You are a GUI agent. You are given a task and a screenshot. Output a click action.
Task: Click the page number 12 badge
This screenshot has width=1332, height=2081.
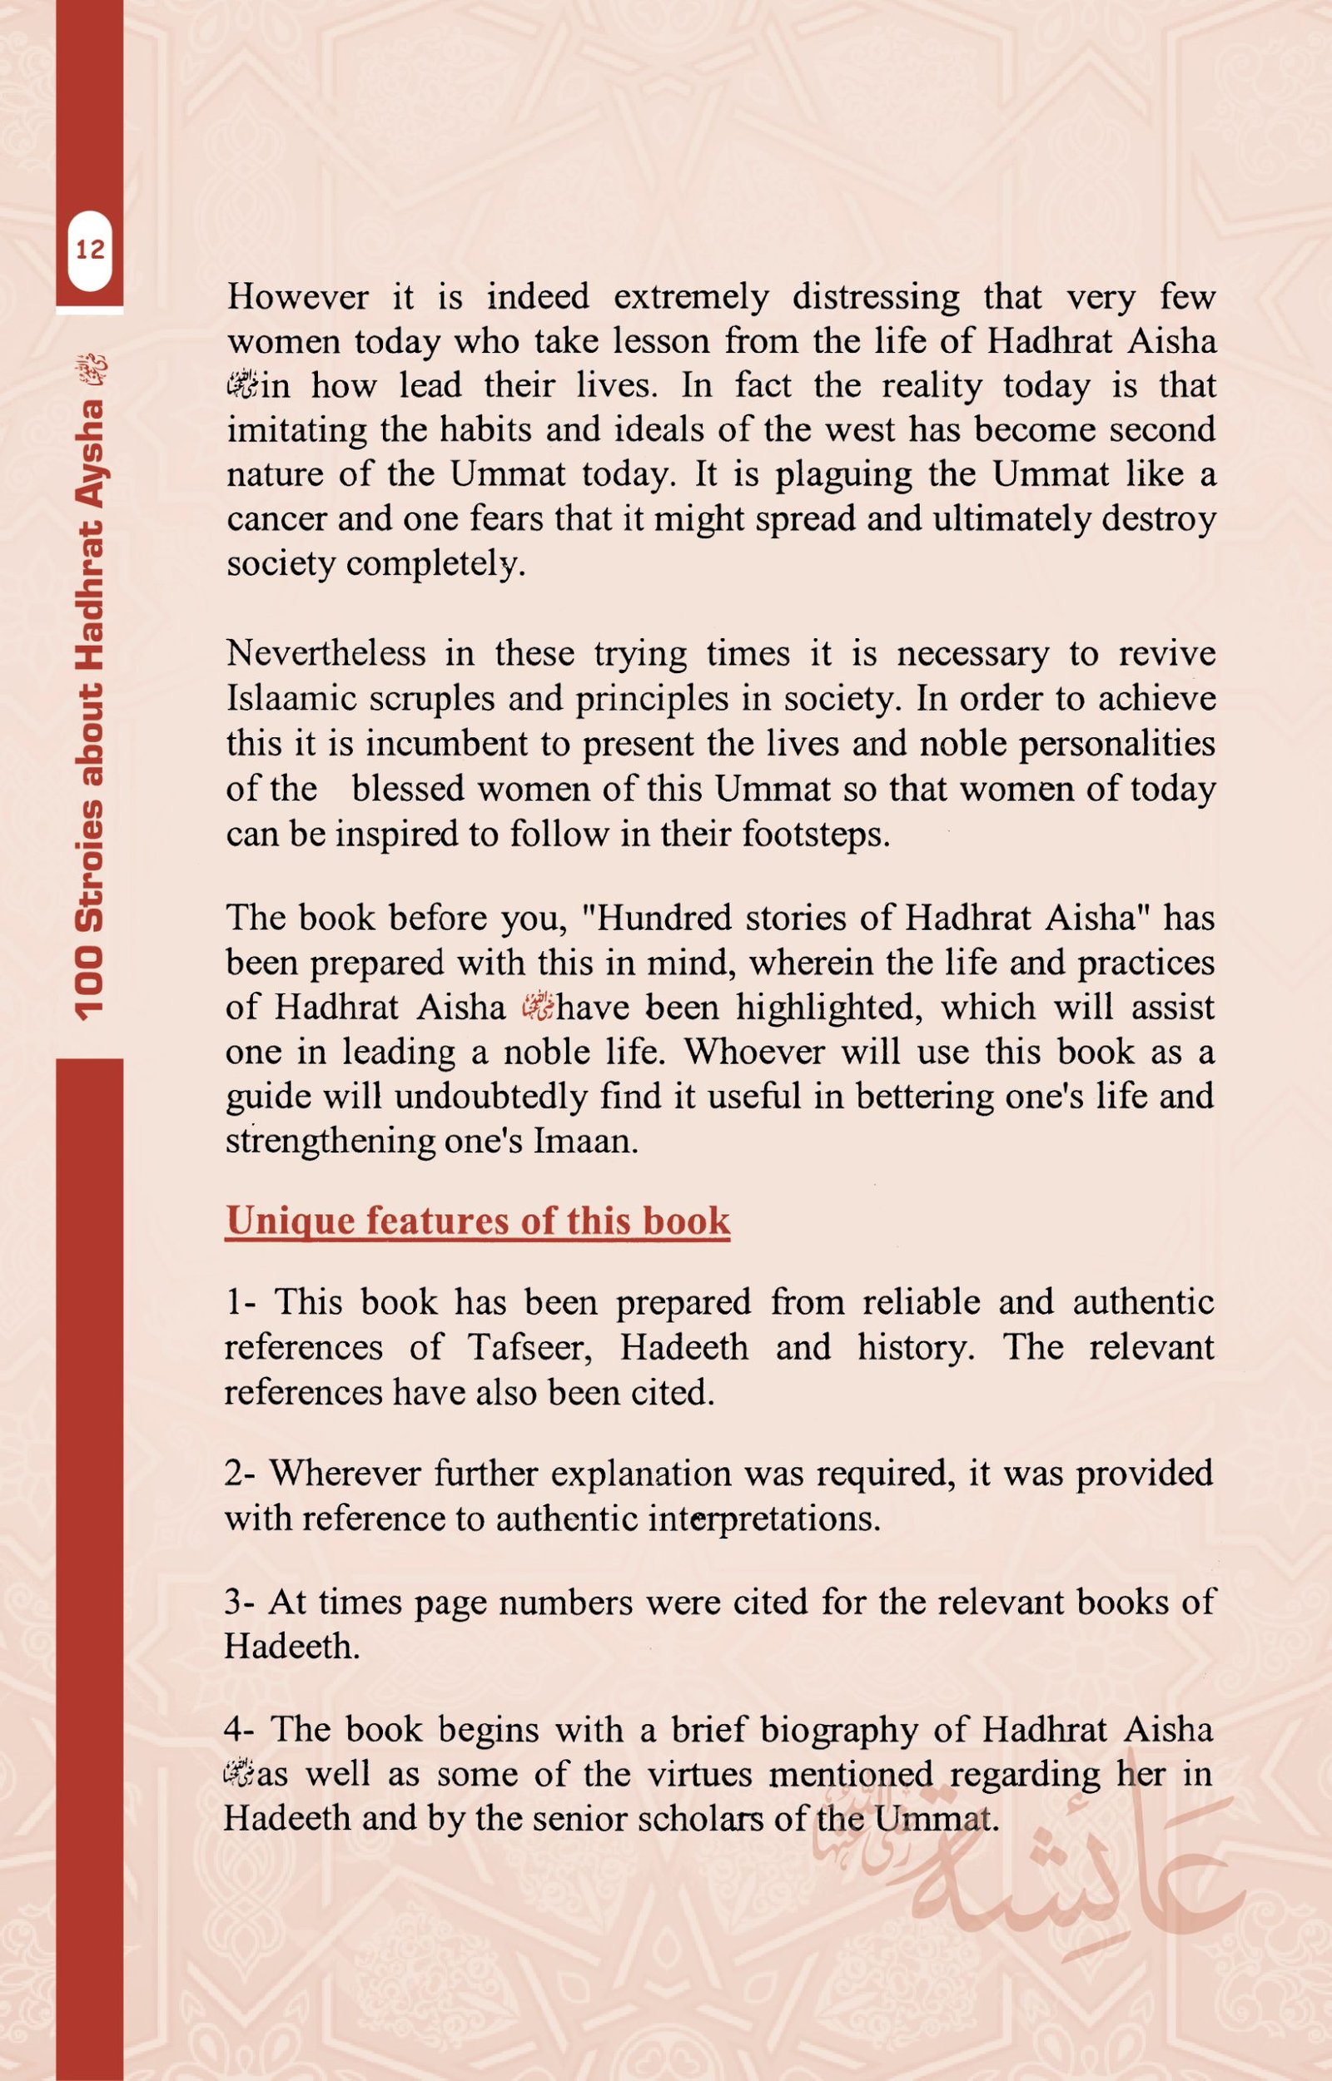click(x=90, y=250)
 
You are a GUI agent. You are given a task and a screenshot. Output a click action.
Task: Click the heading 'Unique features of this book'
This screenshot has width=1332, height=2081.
click(x=478, y=1220)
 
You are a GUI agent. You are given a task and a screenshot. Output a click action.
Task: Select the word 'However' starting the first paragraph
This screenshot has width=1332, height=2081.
click(x=297, y=297)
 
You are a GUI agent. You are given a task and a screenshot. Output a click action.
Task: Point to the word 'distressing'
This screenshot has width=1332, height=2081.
click(x=875, y=297)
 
